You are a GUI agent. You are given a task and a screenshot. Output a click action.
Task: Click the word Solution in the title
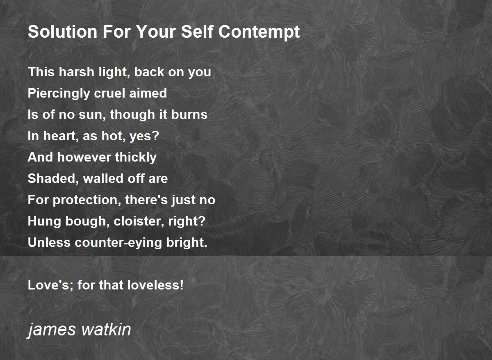tap(63, 32)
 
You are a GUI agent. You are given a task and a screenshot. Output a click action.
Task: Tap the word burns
tap(189, 114)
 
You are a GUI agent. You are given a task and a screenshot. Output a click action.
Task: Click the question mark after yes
tap(155, 136)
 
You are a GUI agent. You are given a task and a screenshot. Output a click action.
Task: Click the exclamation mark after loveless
tap(181, 285)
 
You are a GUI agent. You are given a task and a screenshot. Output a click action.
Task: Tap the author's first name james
tap(52, 330)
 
